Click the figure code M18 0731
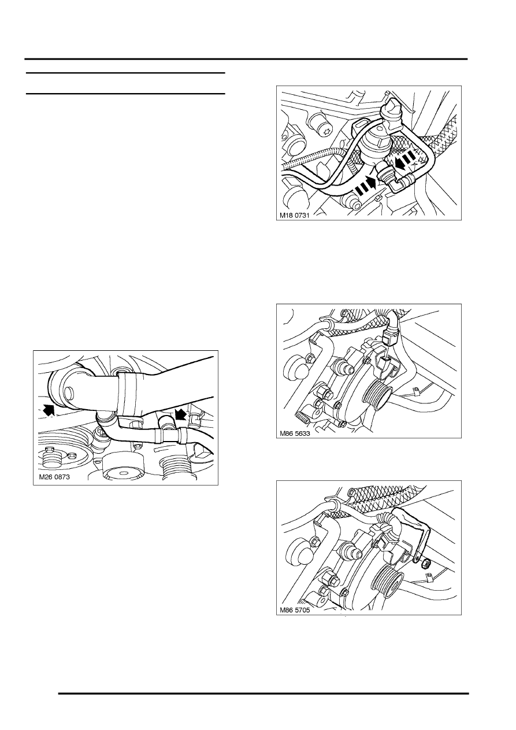[x=294, y=215]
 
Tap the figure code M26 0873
[x=54, y=477]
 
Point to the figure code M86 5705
[x=295, y=610]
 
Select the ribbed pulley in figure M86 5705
[x=388, y=577]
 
